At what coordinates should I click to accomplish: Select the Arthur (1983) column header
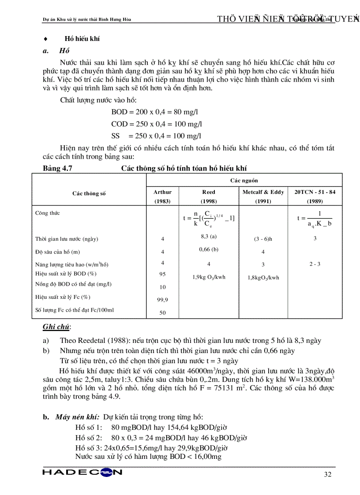(162, 197)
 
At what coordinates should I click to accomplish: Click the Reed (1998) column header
(209, 197)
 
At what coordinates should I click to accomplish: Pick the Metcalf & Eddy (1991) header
(263, 197)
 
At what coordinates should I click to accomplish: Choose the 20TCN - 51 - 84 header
(315, 197)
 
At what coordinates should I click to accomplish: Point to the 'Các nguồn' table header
(244, 180)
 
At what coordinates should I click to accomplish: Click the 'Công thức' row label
(47, 213)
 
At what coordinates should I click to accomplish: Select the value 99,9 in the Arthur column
(162, 300)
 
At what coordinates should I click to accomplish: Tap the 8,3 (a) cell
(209, 236)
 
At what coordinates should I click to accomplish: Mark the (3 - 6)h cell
(263, 239)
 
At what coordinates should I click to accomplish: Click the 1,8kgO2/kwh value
(263, 278)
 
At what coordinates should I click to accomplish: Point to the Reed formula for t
(209, 218)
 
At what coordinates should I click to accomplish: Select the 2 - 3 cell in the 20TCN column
(315, 264)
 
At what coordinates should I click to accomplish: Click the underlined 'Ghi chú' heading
(56, 327)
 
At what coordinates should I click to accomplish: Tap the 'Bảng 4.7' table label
(57, 168)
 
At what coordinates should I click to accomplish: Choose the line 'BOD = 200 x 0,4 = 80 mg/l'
(155, 112)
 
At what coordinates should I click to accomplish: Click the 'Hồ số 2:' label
(89, 438)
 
